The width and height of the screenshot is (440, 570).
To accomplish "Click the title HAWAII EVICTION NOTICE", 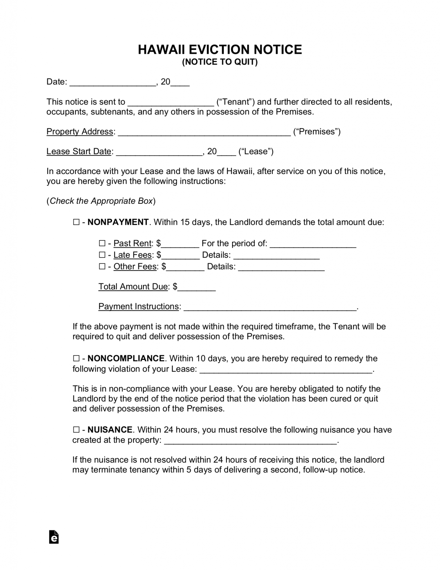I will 220,49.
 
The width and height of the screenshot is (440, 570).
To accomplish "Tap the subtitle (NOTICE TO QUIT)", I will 220,62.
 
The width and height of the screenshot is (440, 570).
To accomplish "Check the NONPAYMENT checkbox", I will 76,222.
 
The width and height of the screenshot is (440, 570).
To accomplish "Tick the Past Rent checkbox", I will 102,243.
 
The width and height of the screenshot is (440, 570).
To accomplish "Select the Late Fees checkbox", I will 102,255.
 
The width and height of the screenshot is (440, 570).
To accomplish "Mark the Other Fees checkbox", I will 102,266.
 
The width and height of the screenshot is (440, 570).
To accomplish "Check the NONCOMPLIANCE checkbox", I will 76,358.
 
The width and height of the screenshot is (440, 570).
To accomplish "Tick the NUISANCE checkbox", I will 76,430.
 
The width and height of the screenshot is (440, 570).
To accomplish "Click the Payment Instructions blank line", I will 270,307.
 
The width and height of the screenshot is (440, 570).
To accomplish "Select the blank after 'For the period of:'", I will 313,245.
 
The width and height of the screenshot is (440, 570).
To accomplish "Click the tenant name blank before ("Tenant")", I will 171,103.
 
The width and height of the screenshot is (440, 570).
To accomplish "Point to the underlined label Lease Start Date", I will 79,151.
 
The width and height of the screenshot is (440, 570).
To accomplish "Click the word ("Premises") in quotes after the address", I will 317,132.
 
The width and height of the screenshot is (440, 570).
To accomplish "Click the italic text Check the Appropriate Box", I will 101,201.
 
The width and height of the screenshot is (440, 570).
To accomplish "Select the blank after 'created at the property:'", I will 250,441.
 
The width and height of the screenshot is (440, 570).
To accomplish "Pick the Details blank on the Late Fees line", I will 277,256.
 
